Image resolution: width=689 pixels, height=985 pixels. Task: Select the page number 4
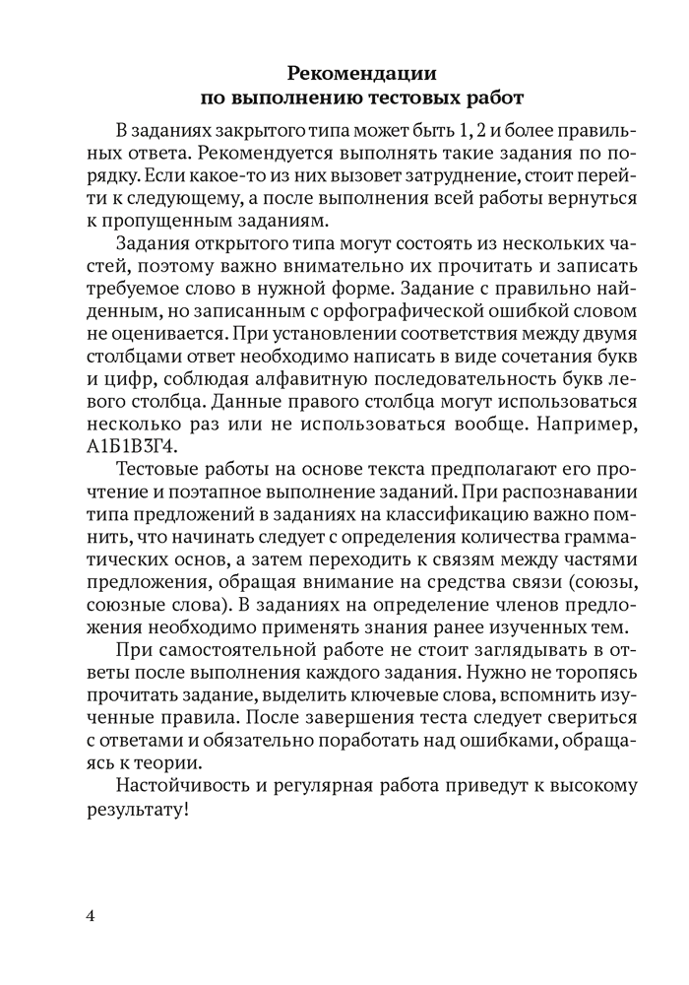click(x=91, y=916)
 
